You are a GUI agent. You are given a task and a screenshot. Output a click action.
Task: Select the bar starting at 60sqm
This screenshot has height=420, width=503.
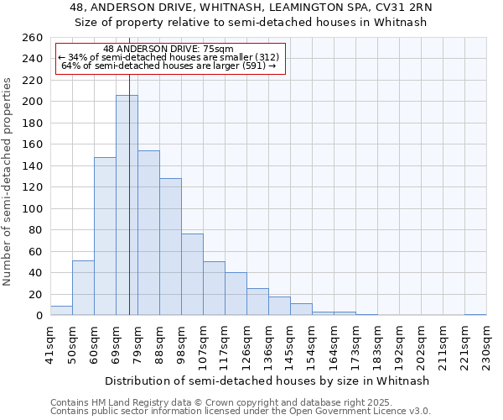[105, 236]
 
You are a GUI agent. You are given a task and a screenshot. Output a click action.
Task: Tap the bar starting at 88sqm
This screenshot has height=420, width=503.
[170, 247]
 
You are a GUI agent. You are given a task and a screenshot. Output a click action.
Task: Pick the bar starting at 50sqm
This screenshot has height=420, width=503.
[83, 288]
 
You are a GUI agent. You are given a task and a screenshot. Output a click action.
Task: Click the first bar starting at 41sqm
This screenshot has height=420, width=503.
[61, 311]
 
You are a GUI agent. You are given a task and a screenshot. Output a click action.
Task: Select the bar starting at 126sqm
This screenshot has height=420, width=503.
[257, 302]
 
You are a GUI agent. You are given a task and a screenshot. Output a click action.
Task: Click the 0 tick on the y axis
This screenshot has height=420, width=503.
[38, 316]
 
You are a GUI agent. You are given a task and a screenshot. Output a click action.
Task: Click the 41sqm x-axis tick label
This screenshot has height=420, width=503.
[50, 343]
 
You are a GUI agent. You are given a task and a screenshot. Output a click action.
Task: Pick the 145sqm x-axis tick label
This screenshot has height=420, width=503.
[290, 343]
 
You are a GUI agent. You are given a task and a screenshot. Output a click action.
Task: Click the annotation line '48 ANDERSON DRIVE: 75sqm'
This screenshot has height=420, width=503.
[169, 49]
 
